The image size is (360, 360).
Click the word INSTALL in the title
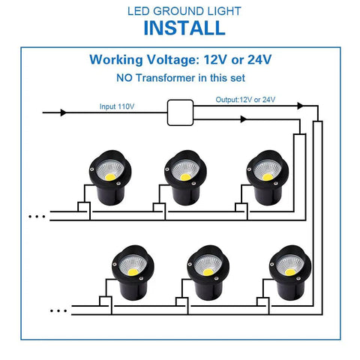tap(184, 28)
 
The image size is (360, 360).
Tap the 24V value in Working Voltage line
tap(259, 59)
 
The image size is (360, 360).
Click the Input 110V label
tap(117, 106)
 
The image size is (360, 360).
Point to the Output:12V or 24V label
tap(245, 100)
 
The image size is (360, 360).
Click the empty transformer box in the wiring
tap(180, 112)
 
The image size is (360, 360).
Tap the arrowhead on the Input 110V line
tap(64, 112)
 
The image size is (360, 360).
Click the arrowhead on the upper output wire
tap(300, 106)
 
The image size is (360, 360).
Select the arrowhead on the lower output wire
tap(243, 119)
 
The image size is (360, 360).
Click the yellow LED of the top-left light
tap(110, 177)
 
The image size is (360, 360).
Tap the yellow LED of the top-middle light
tap(185, 177)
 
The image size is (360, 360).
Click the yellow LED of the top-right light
tap(268, 177)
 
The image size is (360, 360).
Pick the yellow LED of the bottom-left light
tap(133, 272)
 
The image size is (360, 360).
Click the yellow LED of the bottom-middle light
tap(208, 272)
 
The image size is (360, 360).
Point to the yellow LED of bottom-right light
tap(290, 272)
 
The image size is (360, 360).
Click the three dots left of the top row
tap(37, 217)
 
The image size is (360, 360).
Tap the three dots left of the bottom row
tap(58, 311)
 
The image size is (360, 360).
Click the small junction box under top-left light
tap(84, 207)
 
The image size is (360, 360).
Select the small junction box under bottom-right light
tap(263, 301)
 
